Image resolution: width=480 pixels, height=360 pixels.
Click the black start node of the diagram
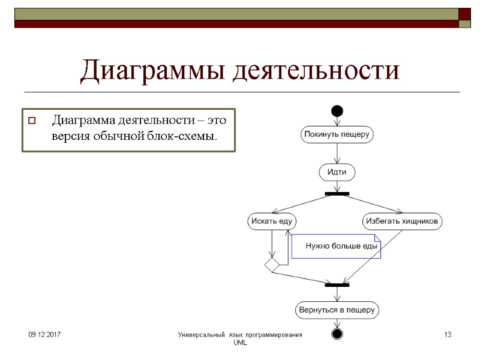coord(337,110)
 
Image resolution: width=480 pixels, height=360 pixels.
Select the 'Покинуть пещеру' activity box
coord(337,134)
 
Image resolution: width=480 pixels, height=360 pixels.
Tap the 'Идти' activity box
coord(337,172)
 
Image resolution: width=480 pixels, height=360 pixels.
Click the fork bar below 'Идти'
coord(337,194)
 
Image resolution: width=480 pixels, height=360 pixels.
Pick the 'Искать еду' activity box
coord(272,221)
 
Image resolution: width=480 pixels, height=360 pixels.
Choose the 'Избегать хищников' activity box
coord(403,221)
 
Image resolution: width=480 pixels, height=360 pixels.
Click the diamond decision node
coord(272,264)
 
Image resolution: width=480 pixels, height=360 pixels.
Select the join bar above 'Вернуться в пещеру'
coord(337,285)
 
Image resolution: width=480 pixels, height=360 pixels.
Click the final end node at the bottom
coord(337,333)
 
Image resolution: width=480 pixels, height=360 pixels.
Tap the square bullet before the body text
coord(32,121)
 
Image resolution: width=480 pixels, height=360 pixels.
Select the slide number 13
coord(447,334)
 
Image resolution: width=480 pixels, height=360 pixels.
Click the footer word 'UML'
coord(240,342)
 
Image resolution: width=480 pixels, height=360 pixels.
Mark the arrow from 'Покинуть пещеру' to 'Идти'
coord(337,153)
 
